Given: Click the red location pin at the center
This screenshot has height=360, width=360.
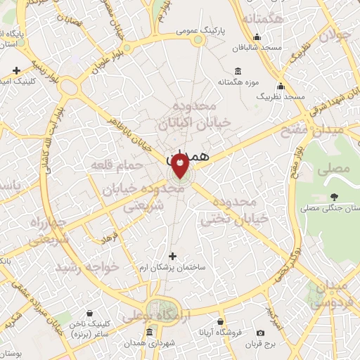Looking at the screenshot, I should [180, 167].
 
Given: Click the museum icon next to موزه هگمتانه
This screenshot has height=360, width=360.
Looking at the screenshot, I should [237, 71].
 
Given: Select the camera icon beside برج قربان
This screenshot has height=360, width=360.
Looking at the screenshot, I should [261, 332].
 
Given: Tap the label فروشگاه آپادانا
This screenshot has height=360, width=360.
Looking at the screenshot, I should [219, 331].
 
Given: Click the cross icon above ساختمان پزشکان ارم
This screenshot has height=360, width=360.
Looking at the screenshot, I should [173, 256].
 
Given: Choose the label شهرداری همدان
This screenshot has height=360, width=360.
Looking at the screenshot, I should [151, 342].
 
